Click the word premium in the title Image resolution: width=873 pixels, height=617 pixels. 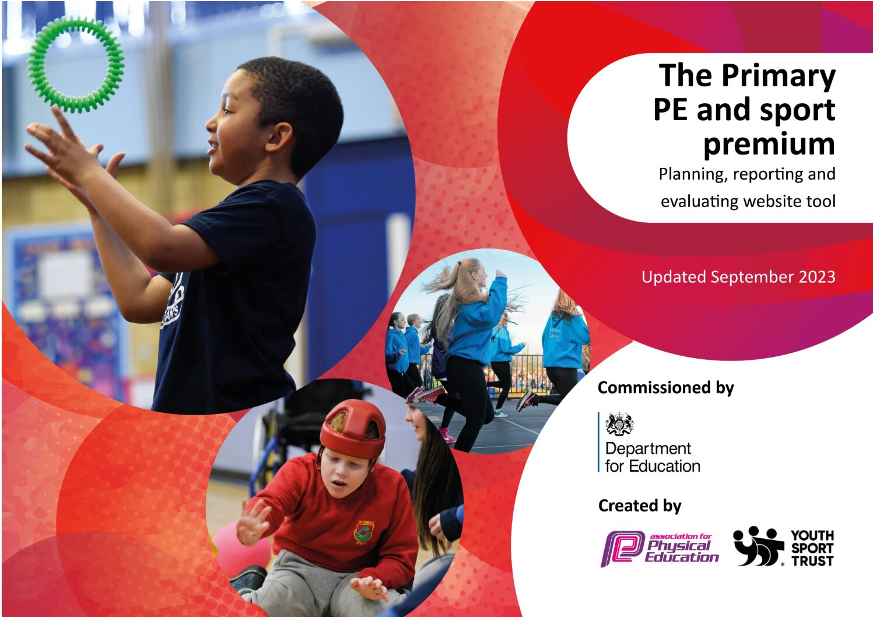coord(769,145)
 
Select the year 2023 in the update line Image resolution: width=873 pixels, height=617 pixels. coord(817,277)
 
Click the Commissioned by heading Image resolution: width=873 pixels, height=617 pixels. coord(665,388)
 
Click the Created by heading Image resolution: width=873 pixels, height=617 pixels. coord(640,506)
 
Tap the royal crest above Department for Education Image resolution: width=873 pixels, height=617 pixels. coord(619,425)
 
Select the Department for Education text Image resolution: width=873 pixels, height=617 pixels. coord(653,457)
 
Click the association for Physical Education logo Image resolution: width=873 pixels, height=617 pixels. coord(660,548)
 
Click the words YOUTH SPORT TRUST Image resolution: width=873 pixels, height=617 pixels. coord(812,548)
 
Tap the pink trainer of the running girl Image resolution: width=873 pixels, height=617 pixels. coord(427,394)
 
